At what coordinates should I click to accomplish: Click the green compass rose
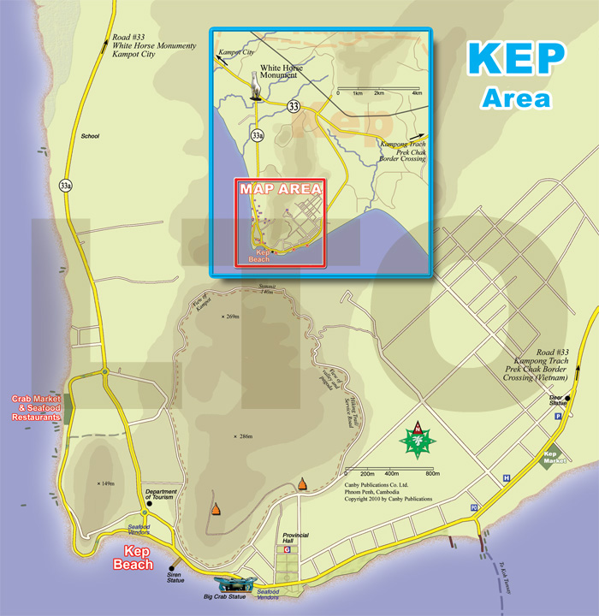(x=418, y=440)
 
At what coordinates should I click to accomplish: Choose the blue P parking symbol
(x=558, y=415)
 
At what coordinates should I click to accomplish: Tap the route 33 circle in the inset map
(x=294, y=107)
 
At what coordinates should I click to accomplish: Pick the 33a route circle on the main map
(x=66, y=184)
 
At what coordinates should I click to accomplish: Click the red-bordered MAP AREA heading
(x=280, y=189)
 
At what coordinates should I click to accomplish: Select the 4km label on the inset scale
(x=417, y=92)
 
